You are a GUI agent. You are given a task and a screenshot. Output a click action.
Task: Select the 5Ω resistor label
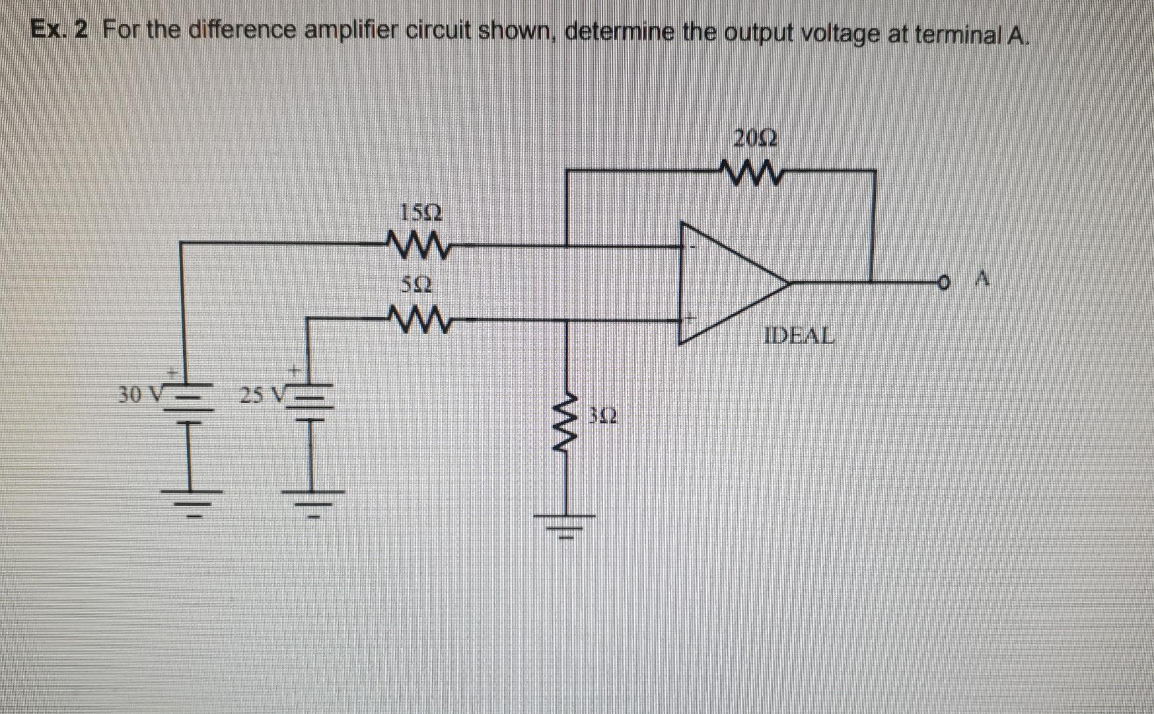pos(417,286)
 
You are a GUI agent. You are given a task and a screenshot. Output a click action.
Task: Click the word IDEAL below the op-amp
pos(799,335)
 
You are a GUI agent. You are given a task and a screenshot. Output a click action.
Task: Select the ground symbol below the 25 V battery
pos(313,502)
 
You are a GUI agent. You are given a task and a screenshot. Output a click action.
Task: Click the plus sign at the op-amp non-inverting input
pos(690,317)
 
